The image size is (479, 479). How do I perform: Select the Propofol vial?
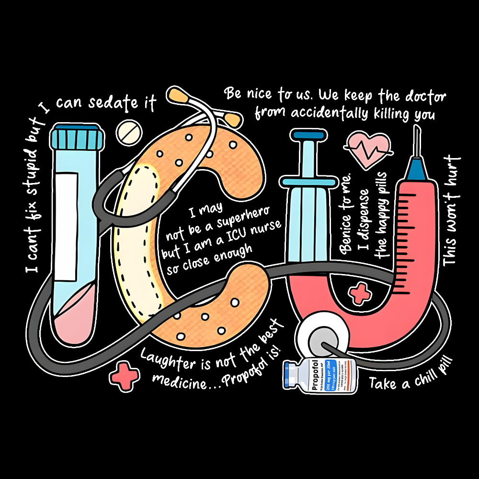pos(320,376)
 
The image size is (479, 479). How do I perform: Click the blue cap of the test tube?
pos(78,137)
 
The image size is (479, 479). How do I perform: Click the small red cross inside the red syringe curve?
pos(360,293)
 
